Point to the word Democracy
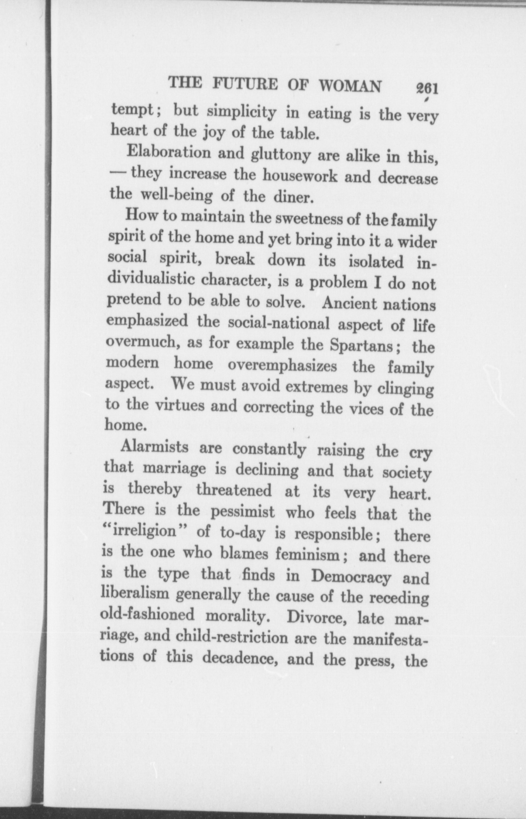346,576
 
